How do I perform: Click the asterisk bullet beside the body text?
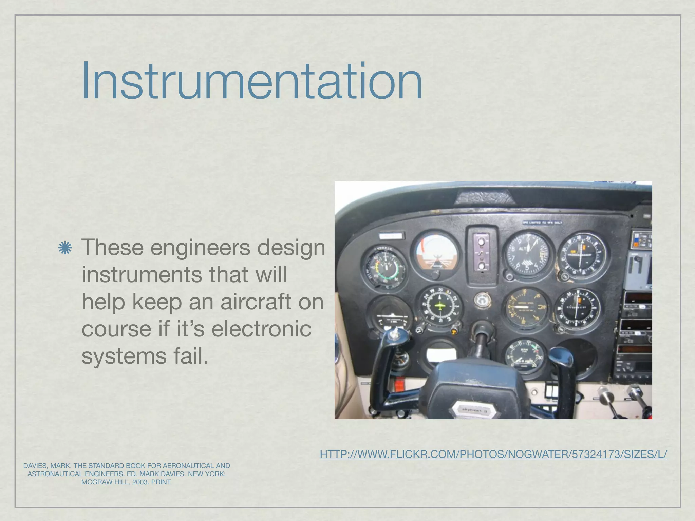[x=65, y=248]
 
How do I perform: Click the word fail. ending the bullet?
[x=190, y=356]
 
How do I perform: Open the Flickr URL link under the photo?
[x=493, y=454]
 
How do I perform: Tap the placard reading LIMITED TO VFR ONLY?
[x=542, y=223]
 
